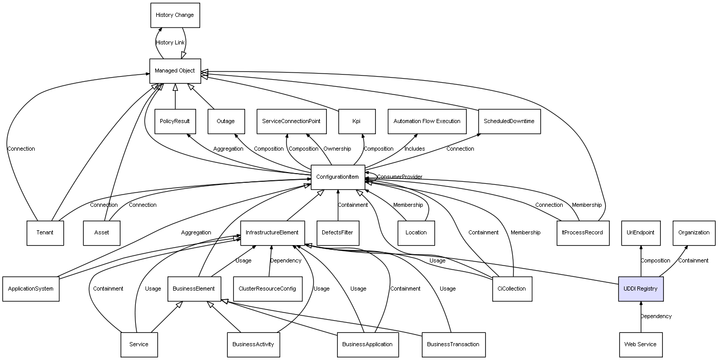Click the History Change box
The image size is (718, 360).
coord(175,15)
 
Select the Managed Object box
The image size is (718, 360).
coord(175,70)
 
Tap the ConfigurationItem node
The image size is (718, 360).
coord(338,177)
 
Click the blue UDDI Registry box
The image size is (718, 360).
coord(640,289)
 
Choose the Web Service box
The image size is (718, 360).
coord(640,344)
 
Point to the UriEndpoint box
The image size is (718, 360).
coord(640,232)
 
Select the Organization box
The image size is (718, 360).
coord(693,232)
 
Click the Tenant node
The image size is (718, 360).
coord(45,232)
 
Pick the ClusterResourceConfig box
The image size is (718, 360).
coord(267,289)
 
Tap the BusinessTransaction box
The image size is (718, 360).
coord(453,344)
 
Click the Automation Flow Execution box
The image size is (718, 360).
coord(427,121)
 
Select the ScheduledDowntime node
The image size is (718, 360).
coord(509,121)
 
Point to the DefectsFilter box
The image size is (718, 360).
coord(338,232)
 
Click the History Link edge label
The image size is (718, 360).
coord(170,43)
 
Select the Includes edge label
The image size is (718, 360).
coord(415,149)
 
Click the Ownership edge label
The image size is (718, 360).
coord(337,149)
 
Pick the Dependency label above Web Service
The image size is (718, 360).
coord(656,317)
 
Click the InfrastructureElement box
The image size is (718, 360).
coord(272,232)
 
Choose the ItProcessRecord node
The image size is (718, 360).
coord(582,232)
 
